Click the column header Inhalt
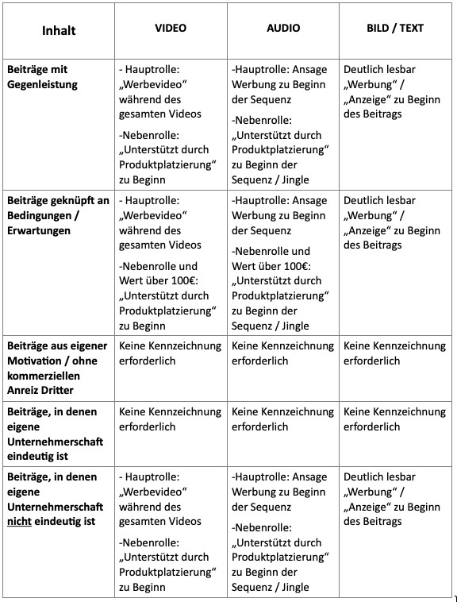[59, 31]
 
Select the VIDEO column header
[171, 28]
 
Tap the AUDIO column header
[283, 28]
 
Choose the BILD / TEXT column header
[395, 28]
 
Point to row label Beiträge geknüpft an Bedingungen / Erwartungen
[57, 215]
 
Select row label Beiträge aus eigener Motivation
[57, 361]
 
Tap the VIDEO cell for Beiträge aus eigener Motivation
[170, 353]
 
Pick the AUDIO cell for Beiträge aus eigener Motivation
[282, 353]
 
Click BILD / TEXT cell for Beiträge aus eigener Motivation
[394, 353]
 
